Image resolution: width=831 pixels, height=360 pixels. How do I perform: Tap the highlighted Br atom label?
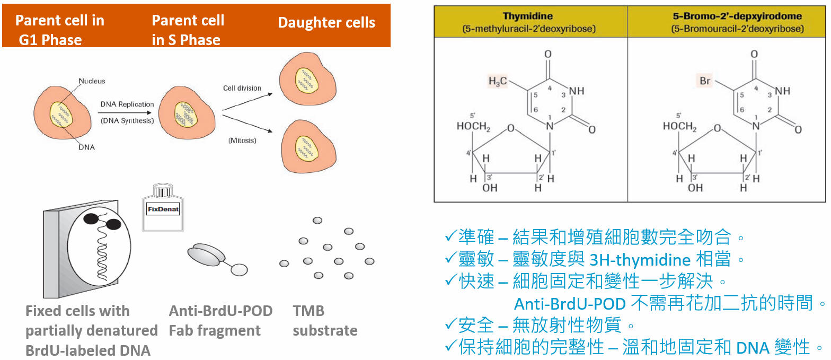click(705, 81)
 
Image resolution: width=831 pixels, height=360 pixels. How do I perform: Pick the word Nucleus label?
click(92, 81)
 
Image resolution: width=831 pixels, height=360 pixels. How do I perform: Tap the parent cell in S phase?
click(187, 113)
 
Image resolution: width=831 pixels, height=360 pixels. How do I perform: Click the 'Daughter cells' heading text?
click(326, 23)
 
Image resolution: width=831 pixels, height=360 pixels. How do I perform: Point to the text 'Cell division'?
click(242, 88)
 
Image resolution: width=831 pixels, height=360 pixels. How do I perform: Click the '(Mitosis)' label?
click(242, 141)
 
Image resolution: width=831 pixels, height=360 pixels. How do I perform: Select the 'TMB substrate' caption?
click(325, 321)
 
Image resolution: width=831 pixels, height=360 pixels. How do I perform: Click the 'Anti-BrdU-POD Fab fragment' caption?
click(220, 321)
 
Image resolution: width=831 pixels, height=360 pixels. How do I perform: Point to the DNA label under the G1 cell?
click(86, 147)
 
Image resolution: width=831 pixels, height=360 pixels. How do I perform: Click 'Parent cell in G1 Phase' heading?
click(59, 30)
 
